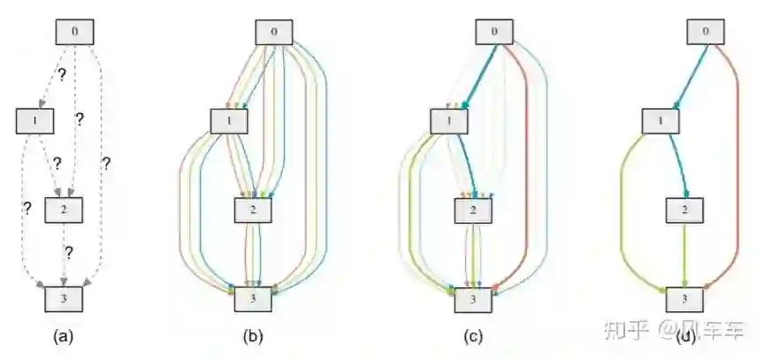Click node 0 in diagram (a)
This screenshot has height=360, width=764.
(75, 31)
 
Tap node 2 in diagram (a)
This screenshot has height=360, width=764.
(63, 211)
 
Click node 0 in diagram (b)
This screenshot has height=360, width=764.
(274, 32)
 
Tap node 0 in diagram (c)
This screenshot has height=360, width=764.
(494, 32)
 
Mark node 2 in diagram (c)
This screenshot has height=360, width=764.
(472, 211)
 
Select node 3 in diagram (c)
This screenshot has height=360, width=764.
(472, 300)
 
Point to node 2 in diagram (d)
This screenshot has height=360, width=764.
(684, 211)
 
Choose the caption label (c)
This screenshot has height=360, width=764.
(472, 336)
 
